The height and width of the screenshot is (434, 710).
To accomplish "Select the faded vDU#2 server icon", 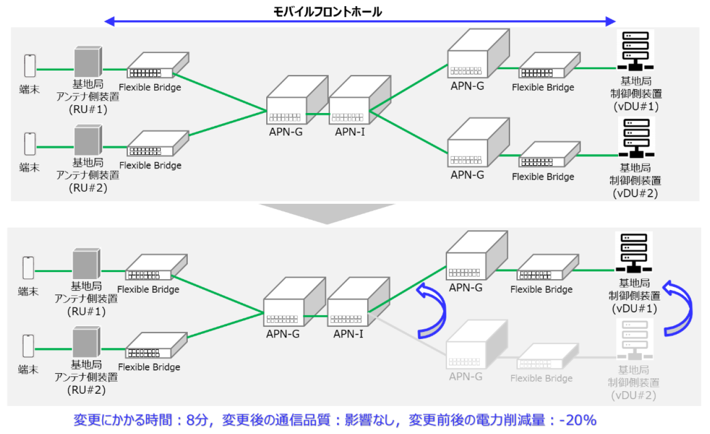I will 634,339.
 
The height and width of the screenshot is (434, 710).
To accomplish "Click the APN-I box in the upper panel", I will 349,100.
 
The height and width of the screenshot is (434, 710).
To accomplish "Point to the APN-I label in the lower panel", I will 348,334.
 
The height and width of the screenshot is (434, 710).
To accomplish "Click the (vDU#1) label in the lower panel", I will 634,309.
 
